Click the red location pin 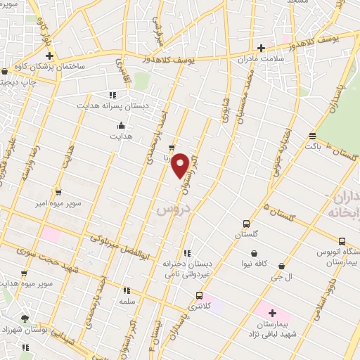pos(181,164)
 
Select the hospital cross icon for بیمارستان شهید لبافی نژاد pos(272,313)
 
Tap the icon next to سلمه pos(127,290)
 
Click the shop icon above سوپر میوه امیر pos(58,191)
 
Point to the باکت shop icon pos(313,136)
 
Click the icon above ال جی pos(282,266)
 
